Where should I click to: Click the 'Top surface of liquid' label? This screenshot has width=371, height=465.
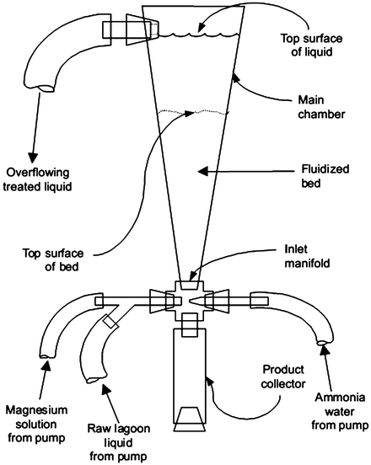coord(311,45)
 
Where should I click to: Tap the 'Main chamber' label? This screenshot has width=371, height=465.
coord(321,107)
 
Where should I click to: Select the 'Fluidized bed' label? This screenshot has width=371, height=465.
coord(325,176)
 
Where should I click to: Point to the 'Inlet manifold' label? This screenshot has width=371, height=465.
coord(307,256)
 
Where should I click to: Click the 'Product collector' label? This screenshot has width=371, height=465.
coord(283,377)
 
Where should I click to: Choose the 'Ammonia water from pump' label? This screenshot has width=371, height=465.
coord(340,412)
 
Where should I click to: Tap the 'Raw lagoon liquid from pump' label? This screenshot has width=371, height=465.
coord(119,442)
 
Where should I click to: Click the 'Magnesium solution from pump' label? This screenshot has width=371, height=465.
coord(36,424)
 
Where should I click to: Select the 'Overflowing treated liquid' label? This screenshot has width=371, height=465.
coord(37,179)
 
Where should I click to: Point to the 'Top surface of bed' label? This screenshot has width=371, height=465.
coord(53,259)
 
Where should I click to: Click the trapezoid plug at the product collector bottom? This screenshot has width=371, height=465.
coord(190,419)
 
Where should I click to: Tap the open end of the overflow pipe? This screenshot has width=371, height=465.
coord(46,88)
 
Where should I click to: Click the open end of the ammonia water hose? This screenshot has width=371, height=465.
coord(322,344)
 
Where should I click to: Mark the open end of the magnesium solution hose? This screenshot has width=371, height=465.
coord(47,356)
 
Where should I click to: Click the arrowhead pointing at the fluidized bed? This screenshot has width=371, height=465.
coord(202,171)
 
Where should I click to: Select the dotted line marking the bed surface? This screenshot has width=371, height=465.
coord(194,112)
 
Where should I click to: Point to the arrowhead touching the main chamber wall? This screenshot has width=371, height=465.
coord(236,78)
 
